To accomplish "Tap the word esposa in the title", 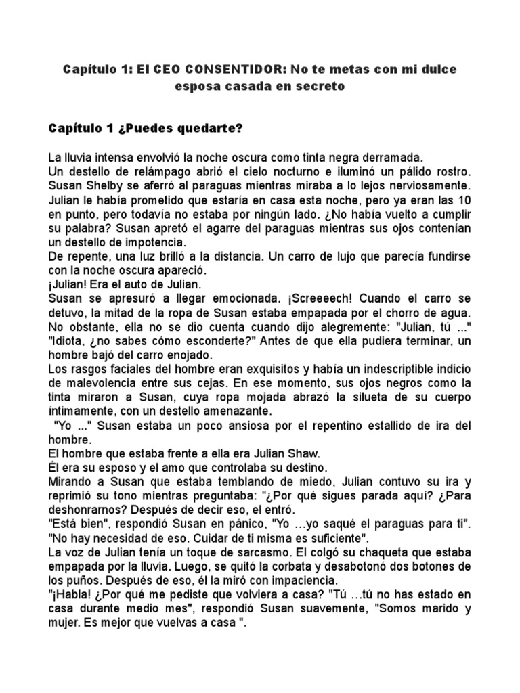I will click(199, 86).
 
